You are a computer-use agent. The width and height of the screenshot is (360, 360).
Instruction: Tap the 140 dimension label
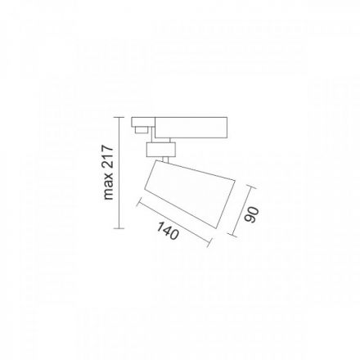click(x=168, y=231)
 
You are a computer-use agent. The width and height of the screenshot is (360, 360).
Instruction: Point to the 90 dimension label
click(x=251, y=214)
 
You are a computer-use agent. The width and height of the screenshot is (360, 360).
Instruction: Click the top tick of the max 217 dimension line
click(x=119, y=117)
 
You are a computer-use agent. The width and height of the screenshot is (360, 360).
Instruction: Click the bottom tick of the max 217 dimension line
click(x=119, y=228)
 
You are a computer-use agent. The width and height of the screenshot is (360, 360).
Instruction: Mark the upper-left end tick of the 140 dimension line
click(x=139, y=201)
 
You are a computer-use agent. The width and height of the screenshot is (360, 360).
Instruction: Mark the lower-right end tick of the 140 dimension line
click(x=209, y=242)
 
